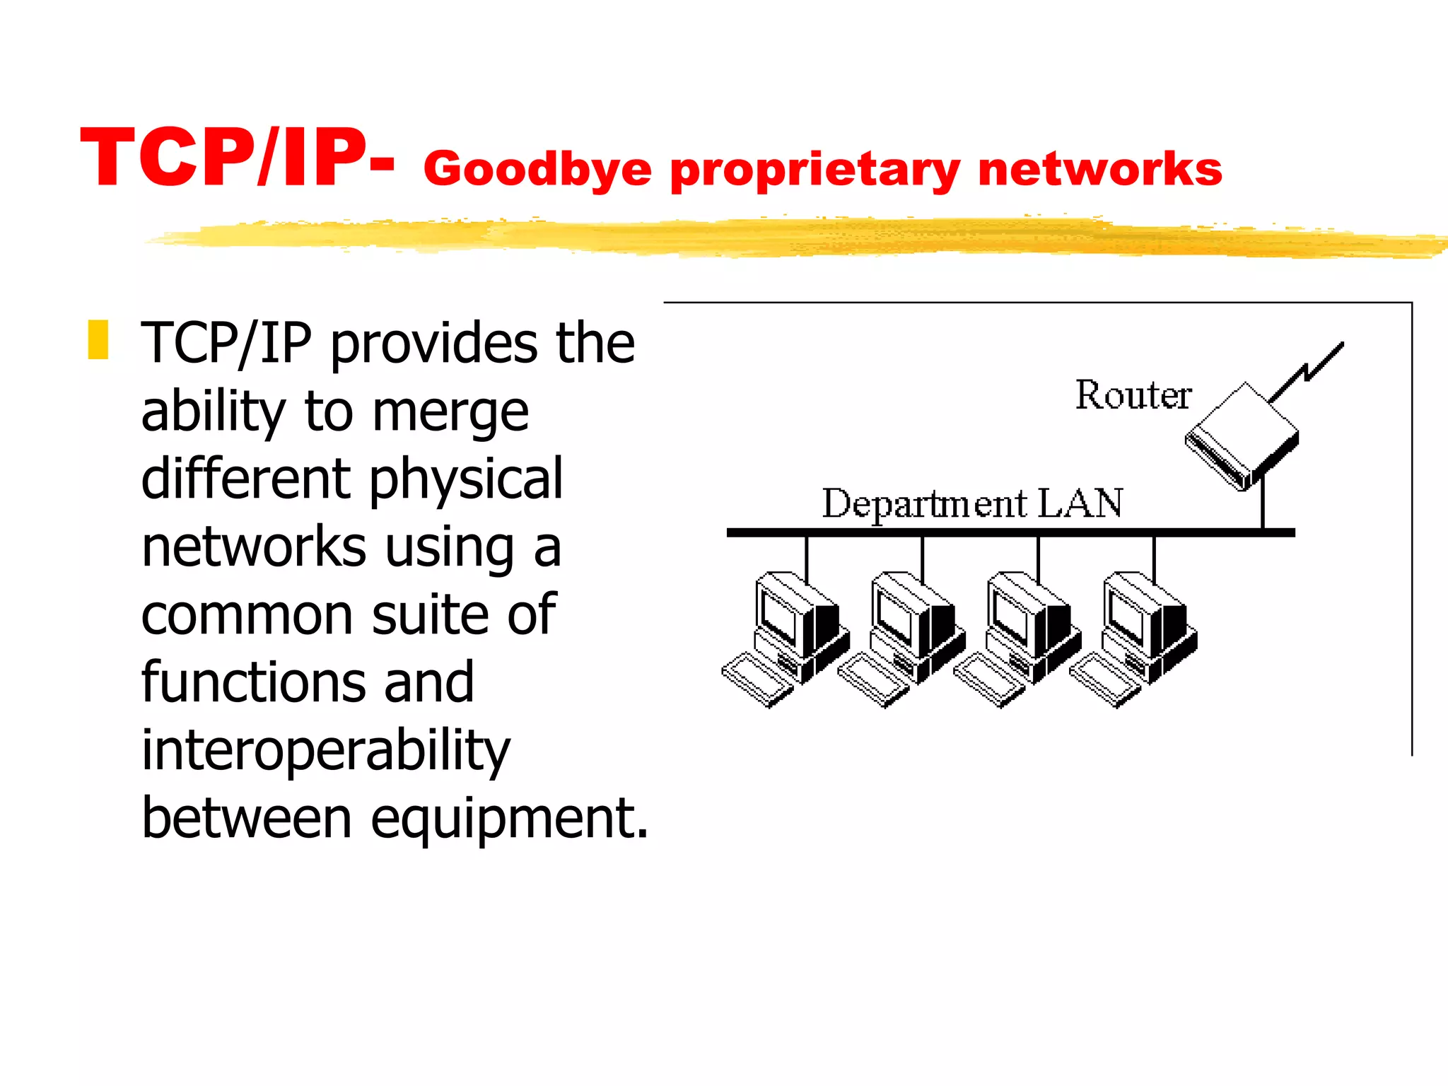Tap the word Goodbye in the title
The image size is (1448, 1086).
pyautogui.click(x=537, y=170)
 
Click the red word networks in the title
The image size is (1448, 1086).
pyautogui.click(x=1100, y=169)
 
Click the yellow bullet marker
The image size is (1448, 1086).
pyautogui.click(x=98, y=340)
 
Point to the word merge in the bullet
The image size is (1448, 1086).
pyautogui.click(x=450, y=411)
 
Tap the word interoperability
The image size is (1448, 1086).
pyautogui.click(x=325, y=751)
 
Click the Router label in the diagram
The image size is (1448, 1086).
pyautogui.click(x=1133, y=395)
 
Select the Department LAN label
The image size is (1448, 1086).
pyautogui.click(x=972, y=503)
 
